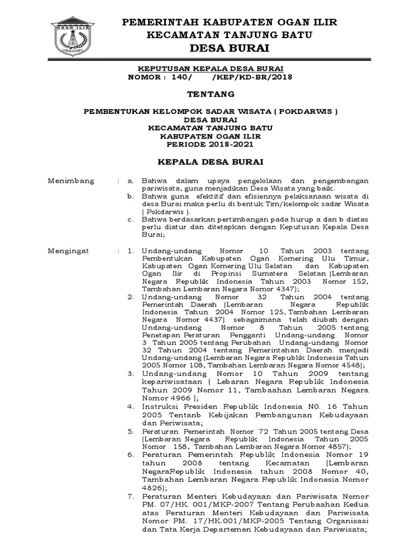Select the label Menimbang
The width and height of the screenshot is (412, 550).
coord(71,181)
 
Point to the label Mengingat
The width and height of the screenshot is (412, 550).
coord(70,251)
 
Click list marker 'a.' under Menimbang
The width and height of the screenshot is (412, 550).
coord(130,181)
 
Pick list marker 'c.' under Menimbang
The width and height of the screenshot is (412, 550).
coord(130,220)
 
